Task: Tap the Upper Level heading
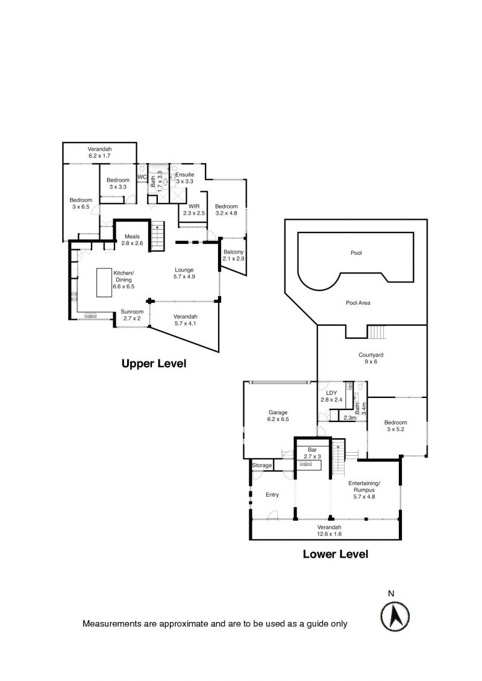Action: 154,364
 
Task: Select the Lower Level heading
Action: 335,554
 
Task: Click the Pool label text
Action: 357,253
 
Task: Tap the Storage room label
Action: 262,465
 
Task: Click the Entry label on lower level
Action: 272,495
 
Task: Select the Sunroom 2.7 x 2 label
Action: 132,314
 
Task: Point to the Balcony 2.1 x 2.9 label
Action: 233,255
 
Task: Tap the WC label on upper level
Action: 142,177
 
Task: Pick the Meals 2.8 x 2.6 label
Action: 132,240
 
